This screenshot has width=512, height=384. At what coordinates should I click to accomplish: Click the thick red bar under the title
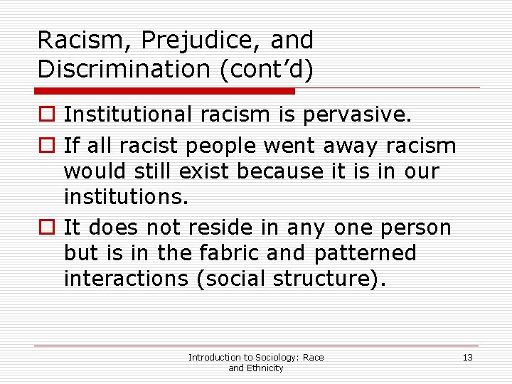(165, 91)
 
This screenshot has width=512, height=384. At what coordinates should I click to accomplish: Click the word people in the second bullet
(222, 146)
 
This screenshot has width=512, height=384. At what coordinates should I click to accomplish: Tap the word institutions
(126, 198)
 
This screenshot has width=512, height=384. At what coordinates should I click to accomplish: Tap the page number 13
(467, 357)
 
